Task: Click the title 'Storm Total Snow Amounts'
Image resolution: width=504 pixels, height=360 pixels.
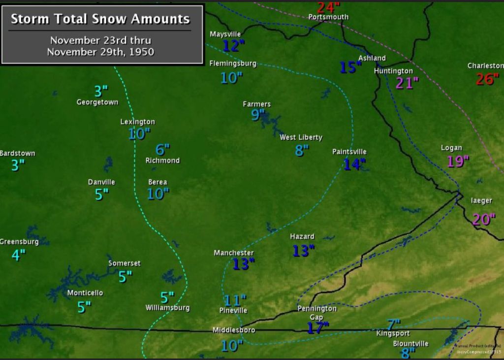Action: pos(100,19)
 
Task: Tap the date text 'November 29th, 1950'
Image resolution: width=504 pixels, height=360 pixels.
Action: pos(100,52)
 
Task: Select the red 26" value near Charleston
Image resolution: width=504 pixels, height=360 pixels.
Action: pos(487,79)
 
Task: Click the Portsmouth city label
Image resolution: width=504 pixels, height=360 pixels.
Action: pos(328,17)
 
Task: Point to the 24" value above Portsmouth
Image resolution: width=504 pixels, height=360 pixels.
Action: pos(328,7)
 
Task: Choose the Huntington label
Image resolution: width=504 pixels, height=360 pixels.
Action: pos(393,71)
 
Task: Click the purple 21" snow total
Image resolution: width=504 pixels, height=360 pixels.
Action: pos(407,83)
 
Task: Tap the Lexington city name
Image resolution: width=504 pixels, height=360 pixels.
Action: pos(138,122)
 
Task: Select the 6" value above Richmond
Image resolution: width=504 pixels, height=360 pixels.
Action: pos(162,149)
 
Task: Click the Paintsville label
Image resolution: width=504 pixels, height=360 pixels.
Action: pos(349,152)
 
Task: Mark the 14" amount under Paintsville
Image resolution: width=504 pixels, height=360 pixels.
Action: pos(354,164)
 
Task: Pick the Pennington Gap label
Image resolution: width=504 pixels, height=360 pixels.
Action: pos(317,313)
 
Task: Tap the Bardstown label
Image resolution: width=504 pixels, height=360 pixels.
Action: pos(18,153)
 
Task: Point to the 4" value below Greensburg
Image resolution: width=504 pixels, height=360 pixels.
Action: pos(18,255)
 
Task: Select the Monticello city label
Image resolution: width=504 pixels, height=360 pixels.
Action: pos(85,293)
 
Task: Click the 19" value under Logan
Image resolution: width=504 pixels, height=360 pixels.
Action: pos(458,161)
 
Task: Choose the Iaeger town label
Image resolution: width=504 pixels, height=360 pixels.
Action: pos(481,200)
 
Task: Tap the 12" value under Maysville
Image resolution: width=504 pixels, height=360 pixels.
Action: pos(233,46)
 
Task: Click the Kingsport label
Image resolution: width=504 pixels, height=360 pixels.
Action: pos(393,333)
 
